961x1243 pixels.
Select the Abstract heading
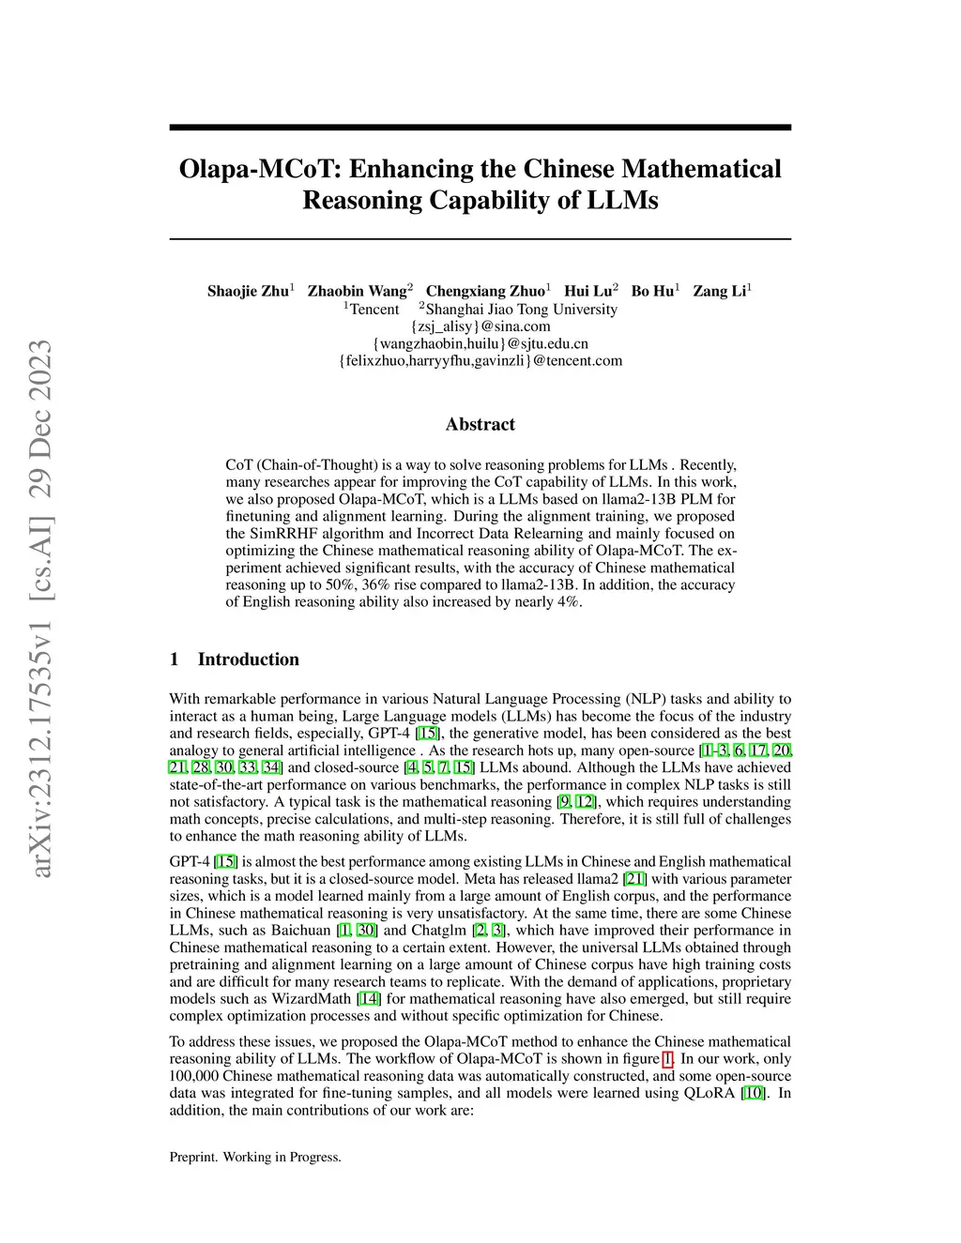[480, 424]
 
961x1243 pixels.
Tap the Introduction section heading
[248, 659]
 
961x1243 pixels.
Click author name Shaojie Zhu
[248, 291]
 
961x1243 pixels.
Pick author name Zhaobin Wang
[358, 291]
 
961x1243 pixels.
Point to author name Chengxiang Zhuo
[485, 291]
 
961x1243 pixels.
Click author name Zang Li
[720, 291]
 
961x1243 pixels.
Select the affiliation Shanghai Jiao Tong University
[521, 310]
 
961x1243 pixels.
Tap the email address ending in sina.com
[480, 326]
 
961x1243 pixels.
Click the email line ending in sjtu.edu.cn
[480, 343]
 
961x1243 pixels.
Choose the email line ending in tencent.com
[480, 360]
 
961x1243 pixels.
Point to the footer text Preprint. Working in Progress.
[255, 1157]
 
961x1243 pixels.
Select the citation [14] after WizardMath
[369, 999]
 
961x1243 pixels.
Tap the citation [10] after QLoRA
[753, 1093]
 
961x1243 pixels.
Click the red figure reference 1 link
[668, 1059]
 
